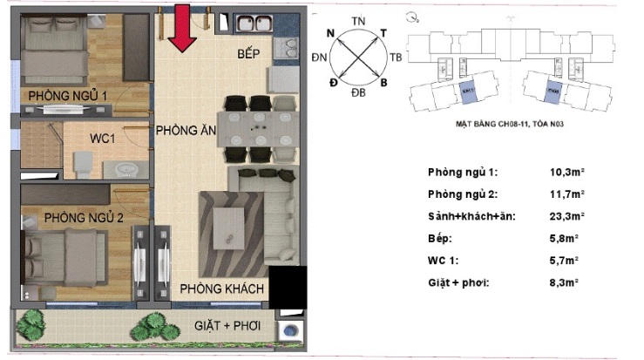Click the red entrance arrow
(x=181, y=28)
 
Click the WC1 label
(x=107, y=138)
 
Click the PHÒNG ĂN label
(x=186, y=131)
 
